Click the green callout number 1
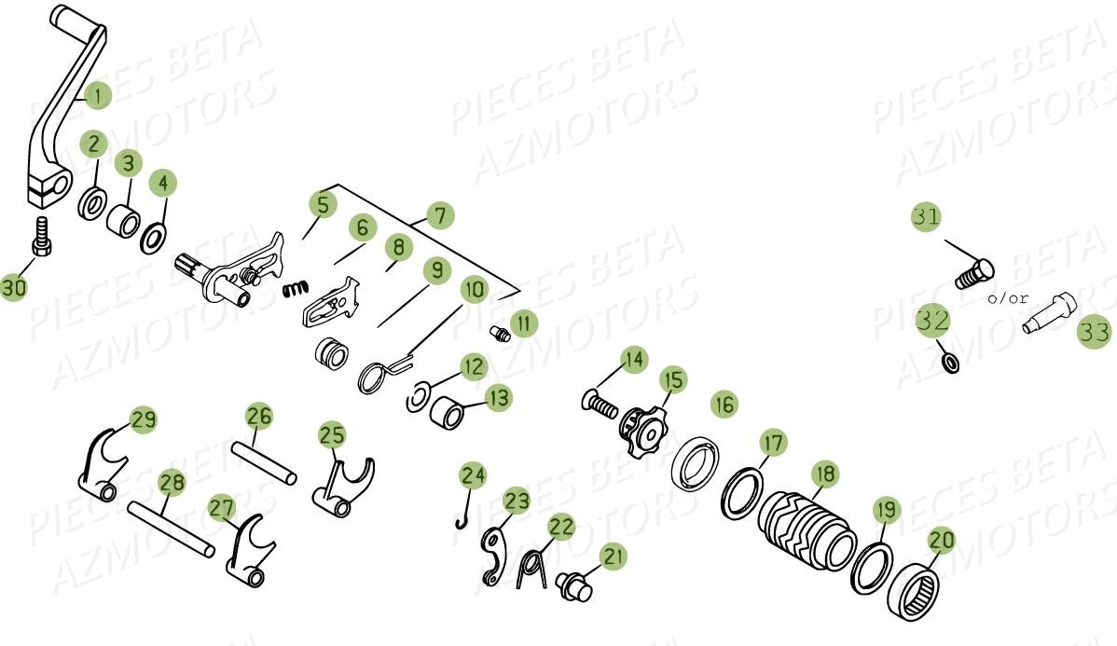[x=97, y=94]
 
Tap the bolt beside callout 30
[x=41, y=237]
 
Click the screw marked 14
[x=600, y=403]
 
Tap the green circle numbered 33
[x=1094, y=332]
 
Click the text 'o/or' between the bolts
[x=1008, y=298]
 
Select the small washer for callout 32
[x=949, y=361]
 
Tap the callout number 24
[x=473, y=475]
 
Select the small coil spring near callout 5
[x=296, y=290]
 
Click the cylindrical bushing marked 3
[x=124, y=222]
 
